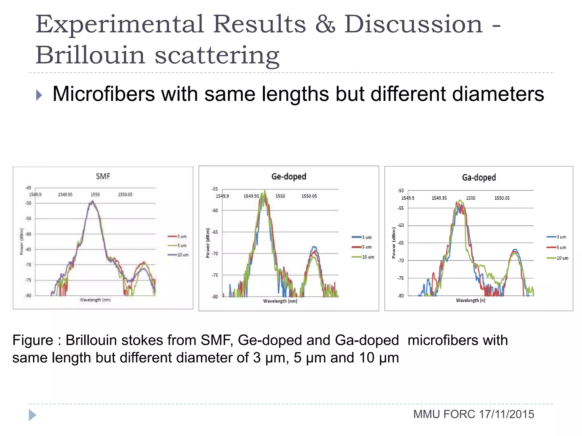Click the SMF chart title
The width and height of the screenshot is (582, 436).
(103, 177)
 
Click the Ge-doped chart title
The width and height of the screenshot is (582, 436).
(289, 177)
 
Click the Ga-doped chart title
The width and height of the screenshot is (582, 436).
(479, 178)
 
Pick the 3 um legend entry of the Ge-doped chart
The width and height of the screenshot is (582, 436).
(367, 237)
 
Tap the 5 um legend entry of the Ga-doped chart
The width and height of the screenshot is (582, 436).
(561, 248)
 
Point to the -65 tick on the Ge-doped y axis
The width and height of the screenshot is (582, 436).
(215, 232)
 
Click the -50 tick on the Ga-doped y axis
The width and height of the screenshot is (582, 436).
(400, 191)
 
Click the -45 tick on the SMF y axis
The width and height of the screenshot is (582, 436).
(28, 188)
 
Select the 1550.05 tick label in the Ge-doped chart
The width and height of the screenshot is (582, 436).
(309, 196)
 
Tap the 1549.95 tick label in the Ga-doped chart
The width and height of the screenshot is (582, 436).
(439, 198)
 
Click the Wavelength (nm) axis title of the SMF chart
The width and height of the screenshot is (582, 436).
(95, 300)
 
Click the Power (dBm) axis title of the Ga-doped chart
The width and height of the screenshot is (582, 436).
(394, 243)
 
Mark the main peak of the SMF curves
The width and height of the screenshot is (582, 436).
(92, 202)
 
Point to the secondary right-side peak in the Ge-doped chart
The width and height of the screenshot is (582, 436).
(314, 248)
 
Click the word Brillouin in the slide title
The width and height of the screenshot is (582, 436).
(90, 55)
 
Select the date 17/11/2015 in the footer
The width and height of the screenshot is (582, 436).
(506, 414)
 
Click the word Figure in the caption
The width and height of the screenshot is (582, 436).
(33, 340)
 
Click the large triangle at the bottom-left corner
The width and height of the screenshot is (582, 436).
(32, 415)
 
